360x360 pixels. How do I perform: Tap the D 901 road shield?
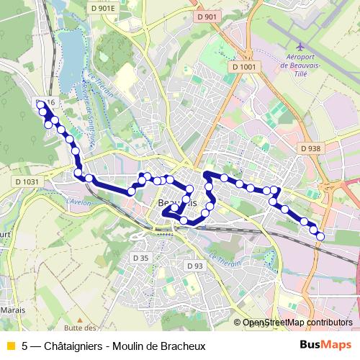tap(206, 17)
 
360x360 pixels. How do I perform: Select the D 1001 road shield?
tap(244, 67)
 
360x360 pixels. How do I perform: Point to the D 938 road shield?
tap(310, 148)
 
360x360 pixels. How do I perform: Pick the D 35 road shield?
tap(140, 258)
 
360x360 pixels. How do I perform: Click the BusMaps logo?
tap(326, 345)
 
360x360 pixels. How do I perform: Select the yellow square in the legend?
tap(9, 345)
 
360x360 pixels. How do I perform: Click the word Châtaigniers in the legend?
tap(72, 345)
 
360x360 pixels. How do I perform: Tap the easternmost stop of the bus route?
tap(320, 236)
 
